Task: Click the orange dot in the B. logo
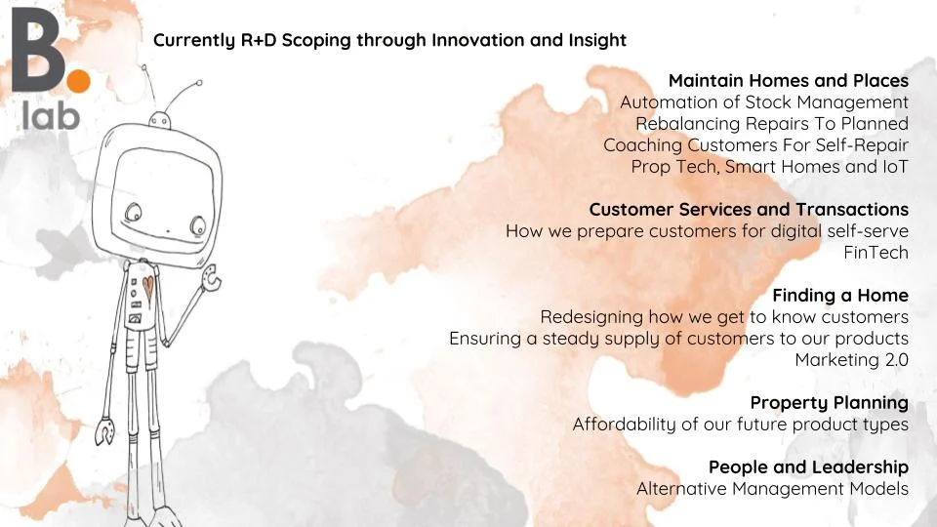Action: tap(77, 81)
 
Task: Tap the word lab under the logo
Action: tap(51, 114)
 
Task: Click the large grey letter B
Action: tap(37, 50)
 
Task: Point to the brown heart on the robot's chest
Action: tap(147, 289)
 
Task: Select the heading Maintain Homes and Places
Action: tap(789, 80)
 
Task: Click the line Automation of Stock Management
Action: tap(763, 102)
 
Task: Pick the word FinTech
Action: tap(876, 252)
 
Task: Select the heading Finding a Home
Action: tap(840, 295)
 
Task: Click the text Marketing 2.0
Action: tap(851, 360)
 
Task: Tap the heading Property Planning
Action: tap(830, 403)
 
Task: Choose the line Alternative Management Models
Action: tap(772, 489)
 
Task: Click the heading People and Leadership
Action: tap(808, 467)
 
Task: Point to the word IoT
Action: tap(895, 166)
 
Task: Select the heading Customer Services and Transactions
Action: tap(749, 209)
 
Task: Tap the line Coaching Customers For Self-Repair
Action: tap(755, 145)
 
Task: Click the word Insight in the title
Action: tap(597, 40)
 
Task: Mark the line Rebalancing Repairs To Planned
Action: tap(772, 124)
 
